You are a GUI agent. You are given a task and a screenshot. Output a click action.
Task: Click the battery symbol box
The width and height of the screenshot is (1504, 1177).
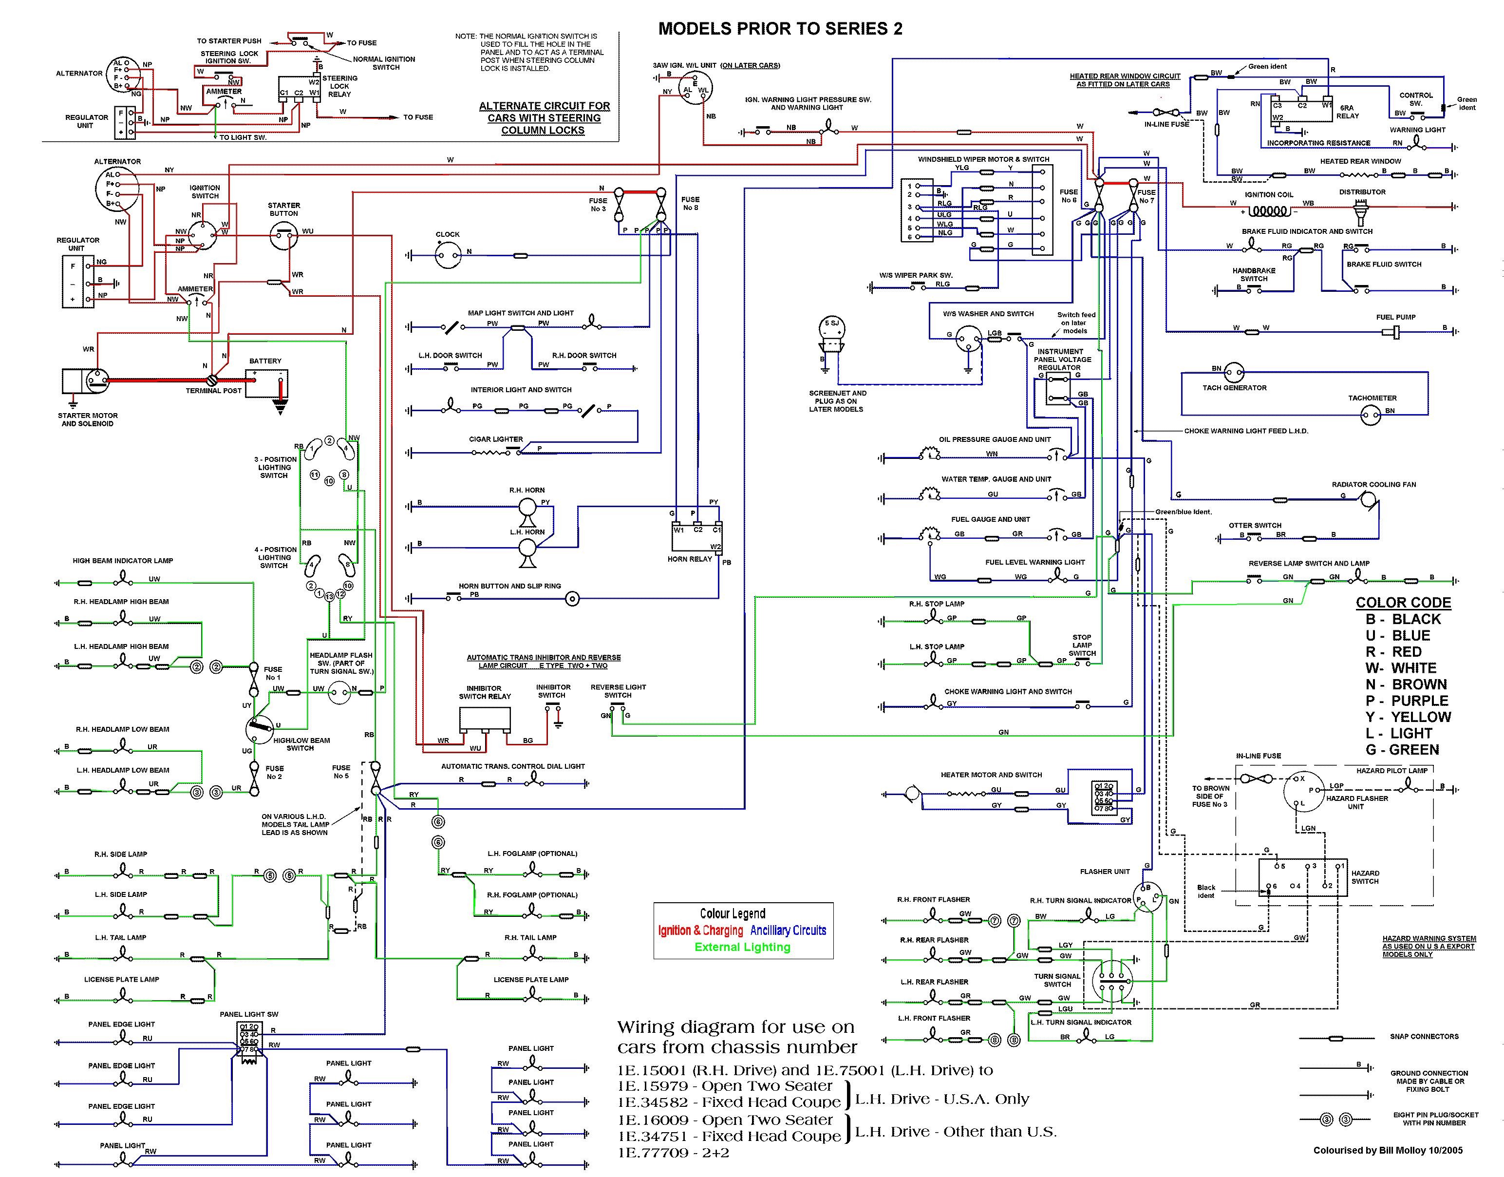(x=266, y=383)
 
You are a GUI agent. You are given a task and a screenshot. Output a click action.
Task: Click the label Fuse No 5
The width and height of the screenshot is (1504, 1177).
(x=341, y=772)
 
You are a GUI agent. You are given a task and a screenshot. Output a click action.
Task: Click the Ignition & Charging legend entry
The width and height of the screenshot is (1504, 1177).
(x=700, y=930)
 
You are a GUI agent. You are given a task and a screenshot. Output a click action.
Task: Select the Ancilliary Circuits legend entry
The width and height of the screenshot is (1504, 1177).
(x=788, y=930)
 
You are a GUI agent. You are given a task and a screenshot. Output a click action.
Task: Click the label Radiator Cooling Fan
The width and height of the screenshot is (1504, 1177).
(x=1374, y=484)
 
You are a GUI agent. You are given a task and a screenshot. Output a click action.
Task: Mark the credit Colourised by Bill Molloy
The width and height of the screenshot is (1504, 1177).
(x=1388, y=1150)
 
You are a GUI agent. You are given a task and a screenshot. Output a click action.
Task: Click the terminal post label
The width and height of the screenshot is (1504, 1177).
(x=214, y=391)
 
